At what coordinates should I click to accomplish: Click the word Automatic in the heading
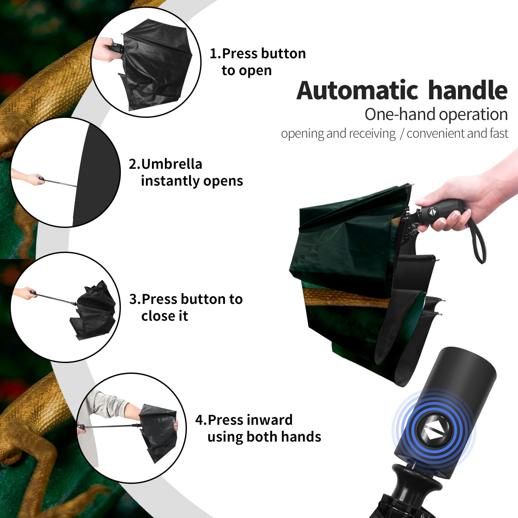click(x=357, y=91)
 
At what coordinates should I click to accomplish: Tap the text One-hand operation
click(x=436, y=115)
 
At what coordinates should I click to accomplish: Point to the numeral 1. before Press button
click(x=215, y=54)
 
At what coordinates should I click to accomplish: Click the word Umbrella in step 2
click(x=171, y=164)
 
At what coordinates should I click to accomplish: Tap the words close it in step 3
click(x=164, y=316)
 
